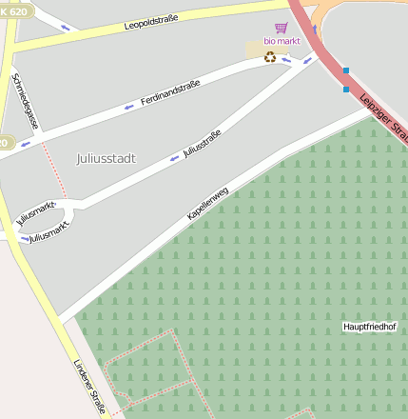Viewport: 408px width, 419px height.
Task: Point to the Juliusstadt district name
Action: tap(106, 158)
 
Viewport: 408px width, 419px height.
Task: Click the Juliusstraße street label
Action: tap(201, 145)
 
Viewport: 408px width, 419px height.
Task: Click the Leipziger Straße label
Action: tap(383, 117)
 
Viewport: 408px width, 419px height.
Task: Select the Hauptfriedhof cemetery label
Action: tap(369, 327)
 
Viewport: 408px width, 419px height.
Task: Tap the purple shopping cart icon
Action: tap(281, 29)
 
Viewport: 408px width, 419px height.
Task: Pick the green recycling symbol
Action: tap(270, 57)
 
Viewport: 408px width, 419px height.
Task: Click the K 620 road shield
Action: tap(17, 10)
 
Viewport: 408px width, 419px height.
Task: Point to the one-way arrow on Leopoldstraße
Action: tap(66, 27)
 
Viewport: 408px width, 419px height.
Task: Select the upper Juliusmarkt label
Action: tap(36, 210)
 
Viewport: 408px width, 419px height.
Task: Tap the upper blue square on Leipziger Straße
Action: tap(346, 70)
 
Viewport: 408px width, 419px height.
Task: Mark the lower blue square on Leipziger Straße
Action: tap(346, 90)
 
